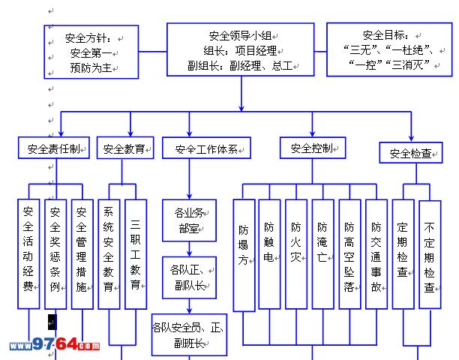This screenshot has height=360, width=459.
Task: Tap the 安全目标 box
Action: (x=390, y=49)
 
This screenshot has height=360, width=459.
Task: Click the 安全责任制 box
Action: (x=55, y=148)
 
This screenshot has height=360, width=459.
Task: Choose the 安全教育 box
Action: (x=125, y=148)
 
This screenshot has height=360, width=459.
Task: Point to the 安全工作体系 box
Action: (x=207, y=148)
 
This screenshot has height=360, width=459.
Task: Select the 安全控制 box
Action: (x=313, y=148)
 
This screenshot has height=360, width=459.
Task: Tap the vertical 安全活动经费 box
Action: (x=28, y=253)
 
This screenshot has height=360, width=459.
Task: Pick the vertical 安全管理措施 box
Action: (x=82, y=253)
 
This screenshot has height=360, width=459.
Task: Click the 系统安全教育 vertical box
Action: (x=109, y=253)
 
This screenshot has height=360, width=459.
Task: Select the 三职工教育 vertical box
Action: (x=136, y=253)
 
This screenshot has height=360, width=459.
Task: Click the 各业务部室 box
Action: (x=189, y=219)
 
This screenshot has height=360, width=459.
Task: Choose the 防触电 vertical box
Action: (x=269, y=254)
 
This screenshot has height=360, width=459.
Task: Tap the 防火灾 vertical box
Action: (x=296, y=254)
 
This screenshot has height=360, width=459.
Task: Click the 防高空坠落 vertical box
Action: (x=349, y=254)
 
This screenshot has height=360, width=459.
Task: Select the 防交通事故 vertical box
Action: (x=376, y=254)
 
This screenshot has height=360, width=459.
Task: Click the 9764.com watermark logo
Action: (x=54, y=346)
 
